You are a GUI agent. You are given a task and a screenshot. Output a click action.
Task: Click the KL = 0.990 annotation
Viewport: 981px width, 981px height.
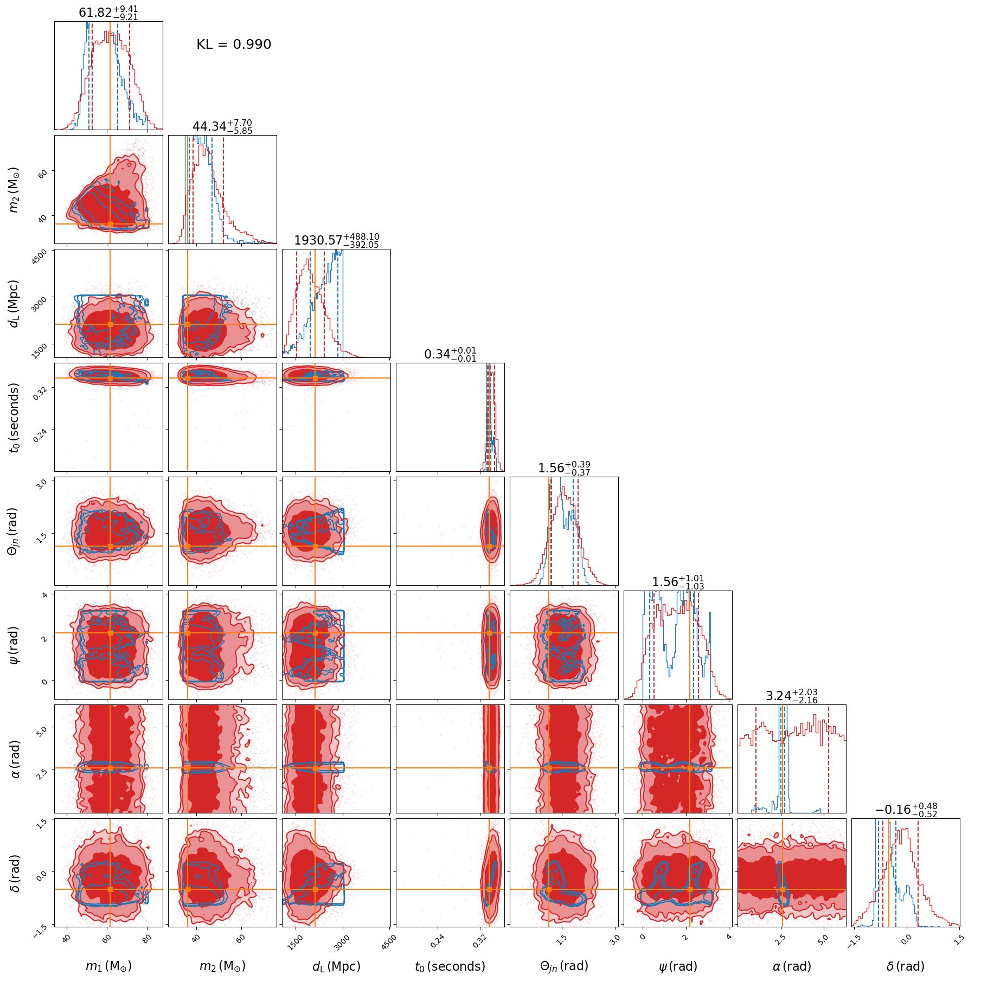pos(234,44)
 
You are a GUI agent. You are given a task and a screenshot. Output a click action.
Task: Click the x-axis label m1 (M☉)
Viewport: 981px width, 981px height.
pos(108,966)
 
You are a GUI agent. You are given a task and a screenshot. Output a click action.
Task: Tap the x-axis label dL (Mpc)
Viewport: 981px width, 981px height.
pos(336,966)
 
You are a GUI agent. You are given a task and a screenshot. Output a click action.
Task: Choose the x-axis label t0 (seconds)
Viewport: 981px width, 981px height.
pos(450,966)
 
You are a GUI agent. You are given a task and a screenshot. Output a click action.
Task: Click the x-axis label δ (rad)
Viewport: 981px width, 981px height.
pos(906,966)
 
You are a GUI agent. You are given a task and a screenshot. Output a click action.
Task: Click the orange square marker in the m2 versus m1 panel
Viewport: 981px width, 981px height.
pos(110,224)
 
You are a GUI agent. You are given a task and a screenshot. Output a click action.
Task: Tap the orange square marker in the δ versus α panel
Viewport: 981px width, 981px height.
pos(782,889)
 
